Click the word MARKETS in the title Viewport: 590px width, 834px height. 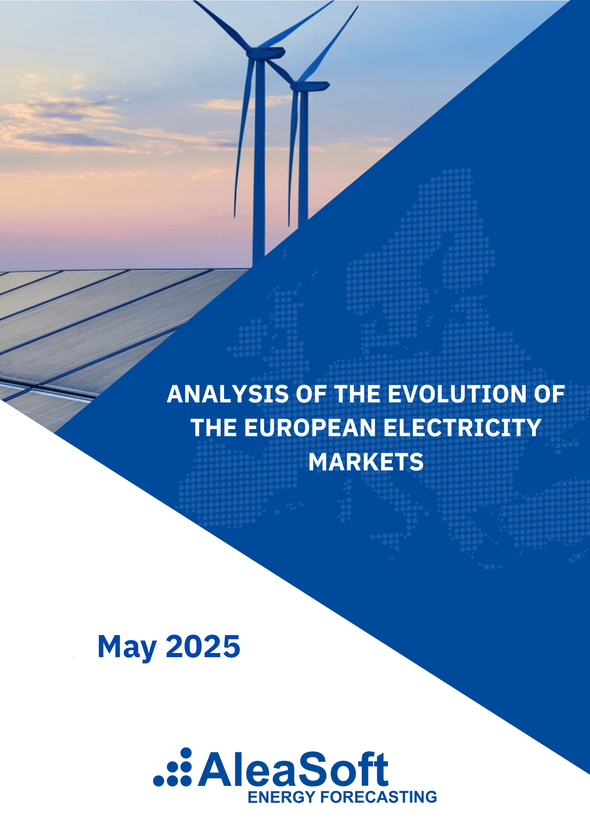click(x=366, y=462)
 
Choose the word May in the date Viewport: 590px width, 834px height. click(x=127, y=647)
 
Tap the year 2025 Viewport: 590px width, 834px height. click(x=203, y=647)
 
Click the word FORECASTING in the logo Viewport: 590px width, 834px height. click(x=378, y=797)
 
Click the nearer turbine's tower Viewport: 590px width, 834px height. click(x=259, y=167)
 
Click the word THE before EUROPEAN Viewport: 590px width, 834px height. click(x=213, y=428)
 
